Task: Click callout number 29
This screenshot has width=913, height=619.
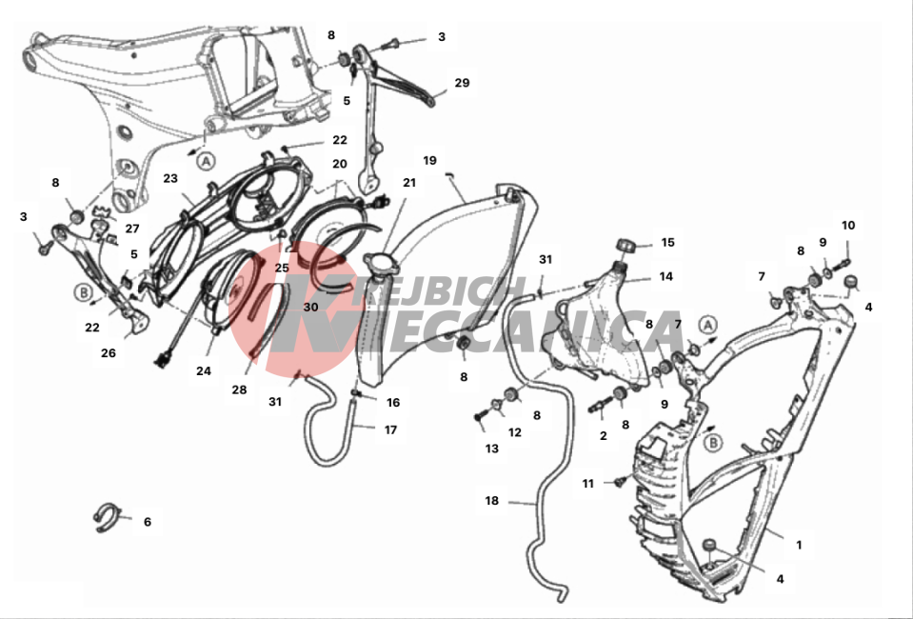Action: tap(462, 83)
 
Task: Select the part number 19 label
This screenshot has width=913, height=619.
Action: tap(430, 160)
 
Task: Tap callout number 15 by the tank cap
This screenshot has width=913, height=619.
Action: tap(667, 243)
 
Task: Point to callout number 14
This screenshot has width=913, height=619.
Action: tap(666, 277)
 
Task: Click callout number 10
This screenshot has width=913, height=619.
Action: tap(847, 226)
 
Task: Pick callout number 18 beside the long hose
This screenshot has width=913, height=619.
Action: tap(492, 499)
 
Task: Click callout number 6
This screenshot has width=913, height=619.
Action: tap(148, 522)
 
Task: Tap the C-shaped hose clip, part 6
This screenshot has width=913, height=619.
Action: tap(109, 515)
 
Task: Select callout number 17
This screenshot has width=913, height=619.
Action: tap(390, 429)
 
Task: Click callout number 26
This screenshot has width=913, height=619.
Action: tap(109, 353)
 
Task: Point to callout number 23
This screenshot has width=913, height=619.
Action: tap(171, 178)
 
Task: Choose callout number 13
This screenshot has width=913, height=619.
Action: tap(491, 448)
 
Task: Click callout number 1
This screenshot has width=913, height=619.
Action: tap(799, 545)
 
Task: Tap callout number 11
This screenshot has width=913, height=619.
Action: tap(588, 484)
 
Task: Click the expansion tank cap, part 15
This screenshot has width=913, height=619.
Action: tap(625, 246)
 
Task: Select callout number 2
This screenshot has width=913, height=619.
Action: tap(603, 435)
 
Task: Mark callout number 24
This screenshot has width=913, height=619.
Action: tap(204, 371)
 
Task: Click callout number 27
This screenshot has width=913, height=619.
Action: tap(131, 229)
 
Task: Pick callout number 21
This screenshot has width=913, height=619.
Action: tap(409, 182)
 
